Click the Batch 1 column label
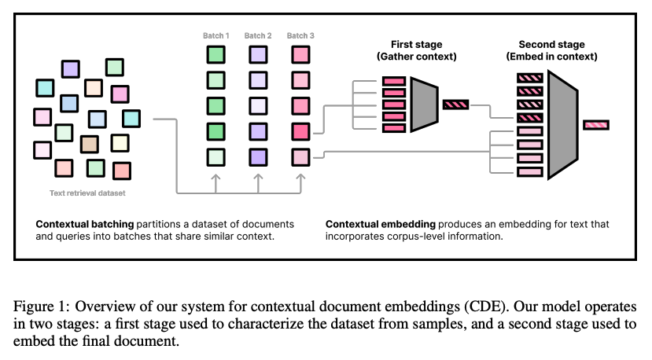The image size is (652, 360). point(215,35)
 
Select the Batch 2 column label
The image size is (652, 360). point(258,35)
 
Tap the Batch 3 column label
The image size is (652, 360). point(300,35)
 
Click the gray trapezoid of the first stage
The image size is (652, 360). point(423,104)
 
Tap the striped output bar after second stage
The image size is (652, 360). point(595,124)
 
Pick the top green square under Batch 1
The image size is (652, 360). point(216,55)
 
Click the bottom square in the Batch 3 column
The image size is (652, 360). point(300,156)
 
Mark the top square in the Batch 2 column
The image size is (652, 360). point(259,55)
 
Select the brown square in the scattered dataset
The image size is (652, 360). point(90,144)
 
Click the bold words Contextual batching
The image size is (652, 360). point(83,224)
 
